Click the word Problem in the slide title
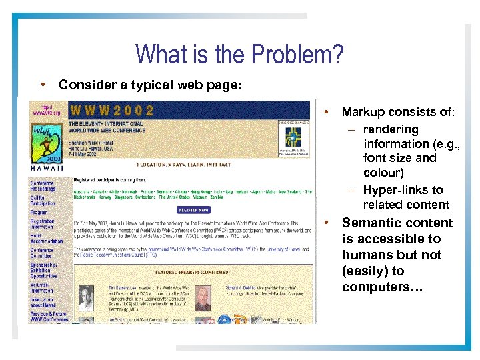[x=299, y=55]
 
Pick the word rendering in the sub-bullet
[x=391, y=129]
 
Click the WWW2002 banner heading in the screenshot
[x=111, y=111]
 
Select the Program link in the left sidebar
[x=39, y=213]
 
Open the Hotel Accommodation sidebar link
[x=46, y=238]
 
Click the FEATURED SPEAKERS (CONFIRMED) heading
[x=193, y=273]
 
